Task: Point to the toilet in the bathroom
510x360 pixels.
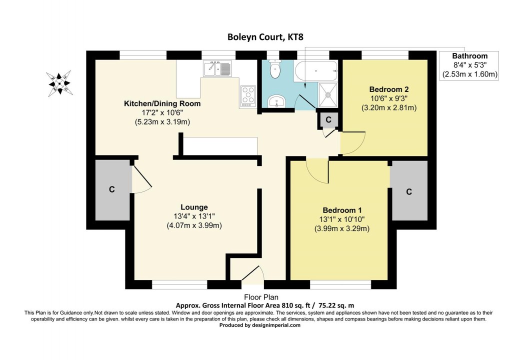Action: [x=274, y=69]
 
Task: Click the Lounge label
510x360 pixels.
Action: [x=194, y=207]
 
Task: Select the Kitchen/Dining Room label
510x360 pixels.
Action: [x=162, y=104]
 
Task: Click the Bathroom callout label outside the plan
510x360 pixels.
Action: [x=469, y=56]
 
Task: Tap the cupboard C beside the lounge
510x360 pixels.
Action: [x=112, y=189]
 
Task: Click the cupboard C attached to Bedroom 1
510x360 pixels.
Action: [x=409, y=191]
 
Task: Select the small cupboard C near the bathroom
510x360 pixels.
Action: [x=328, y=119]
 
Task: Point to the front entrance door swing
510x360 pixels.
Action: [x=253, y=274]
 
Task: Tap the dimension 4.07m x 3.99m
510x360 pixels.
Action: [x=194, y=225]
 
